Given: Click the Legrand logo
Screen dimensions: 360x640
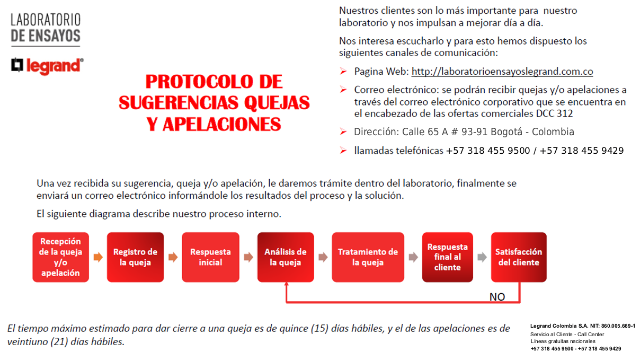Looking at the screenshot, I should [x=47, y=65].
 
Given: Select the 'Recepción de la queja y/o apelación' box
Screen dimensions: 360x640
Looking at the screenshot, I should [x=60, y=257].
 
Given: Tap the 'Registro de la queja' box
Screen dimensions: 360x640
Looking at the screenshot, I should [x=135, y=257].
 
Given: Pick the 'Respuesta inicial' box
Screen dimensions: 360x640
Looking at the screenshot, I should [x=210, y=257].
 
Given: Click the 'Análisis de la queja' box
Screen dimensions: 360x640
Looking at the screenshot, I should [x=286, y=257].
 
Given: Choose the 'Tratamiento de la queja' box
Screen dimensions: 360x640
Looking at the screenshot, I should [x=368, y=257].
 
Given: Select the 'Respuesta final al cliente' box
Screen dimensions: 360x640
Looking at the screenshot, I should [x=447, y=257].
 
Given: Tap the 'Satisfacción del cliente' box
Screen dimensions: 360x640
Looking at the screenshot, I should [x=519, y=257].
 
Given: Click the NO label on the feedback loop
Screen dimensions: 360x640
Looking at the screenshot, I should [x=497, y=297].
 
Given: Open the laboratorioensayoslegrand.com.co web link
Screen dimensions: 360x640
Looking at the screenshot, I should [x=502, y=72].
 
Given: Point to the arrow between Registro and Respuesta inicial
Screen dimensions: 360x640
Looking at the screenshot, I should [x=173, y=258].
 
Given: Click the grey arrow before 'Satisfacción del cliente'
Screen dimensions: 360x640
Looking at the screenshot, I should [x=482, y=258].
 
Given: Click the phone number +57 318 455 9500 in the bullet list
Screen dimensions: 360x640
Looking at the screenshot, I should [x=488, y=151].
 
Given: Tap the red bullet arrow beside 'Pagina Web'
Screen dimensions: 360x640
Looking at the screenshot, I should [x=343, y=72].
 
